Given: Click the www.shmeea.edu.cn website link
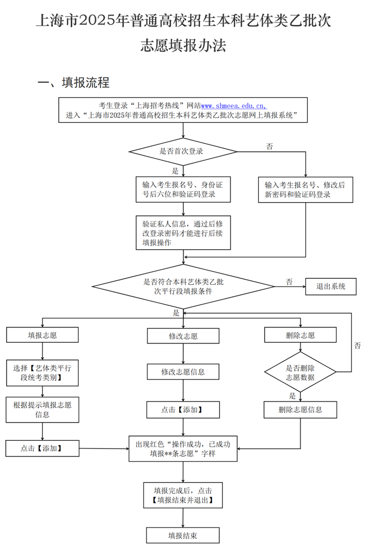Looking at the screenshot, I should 234,105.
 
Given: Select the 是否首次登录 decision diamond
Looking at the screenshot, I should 183,151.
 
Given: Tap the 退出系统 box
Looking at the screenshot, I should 331,286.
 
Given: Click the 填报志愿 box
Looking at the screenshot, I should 42,335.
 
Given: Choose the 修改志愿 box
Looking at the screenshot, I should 183,336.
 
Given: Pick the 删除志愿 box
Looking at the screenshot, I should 300,335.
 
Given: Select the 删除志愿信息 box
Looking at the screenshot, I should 300,410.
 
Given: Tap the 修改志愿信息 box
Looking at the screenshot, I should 183,371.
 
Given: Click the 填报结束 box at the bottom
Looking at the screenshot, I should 183,536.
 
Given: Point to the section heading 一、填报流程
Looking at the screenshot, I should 74,83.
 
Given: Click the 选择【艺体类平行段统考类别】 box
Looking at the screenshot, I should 42,373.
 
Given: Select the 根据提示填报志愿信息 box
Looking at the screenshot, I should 42,410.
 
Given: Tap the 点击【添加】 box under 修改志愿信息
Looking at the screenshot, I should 183,410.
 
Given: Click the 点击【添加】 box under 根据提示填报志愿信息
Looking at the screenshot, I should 42,448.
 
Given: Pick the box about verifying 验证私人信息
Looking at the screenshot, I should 183,233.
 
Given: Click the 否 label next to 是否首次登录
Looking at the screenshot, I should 269,147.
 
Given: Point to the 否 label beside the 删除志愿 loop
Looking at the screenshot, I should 357,346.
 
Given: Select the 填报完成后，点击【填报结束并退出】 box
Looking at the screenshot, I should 183,495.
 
